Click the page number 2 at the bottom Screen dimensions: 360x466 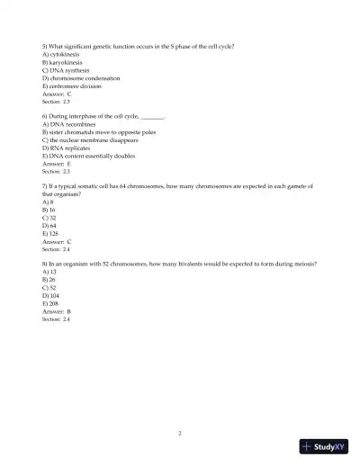pyautogui.click(x=180, y=433)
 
